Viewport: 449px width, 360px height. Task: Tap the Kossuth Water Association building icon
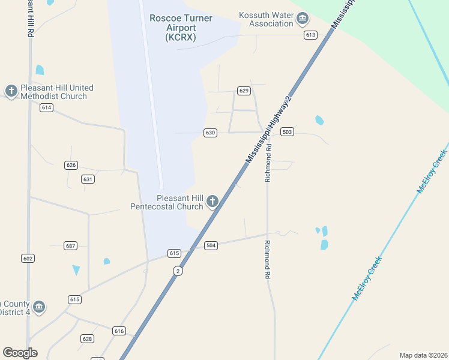tap(303, 20)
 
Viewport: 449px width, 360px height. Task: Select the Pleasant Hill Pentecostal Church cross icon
tap(212, 202)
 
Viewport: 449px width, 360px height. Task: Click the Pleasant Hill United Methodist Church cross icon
tap(11, 91)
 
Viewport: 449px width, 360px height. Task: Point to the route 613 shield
tap(310, 35)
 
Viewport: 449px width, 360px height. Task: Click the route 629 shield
tap(243, 91)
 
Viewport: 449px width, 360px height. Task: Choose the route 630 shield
tap(210, 133)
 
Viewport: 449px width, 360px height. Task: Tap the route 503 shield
tap(287, 131)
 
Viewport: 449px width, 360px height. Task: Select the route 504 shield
tap(211, 245)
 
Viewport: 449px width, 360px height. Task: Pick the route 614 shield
tap(47, 107)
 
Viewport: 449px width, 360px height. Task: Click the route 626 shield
tap(71, 165)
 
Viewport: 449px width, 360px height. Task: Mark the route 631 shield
tap(88, 179)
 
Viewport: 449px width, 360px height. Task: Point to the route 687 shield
tap(70, 246)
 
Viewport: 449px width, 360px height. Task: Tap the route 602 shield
tap(28, 258)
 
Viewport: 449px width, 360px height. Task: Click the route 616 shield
tap(119, 331)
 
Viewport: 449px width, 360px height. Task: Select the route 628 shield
tap(88, 339)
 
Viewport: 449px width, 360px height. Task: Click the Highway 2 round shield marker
tap(177, 271)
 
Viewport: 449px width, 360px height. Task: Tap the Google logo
tap(20, 353)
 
